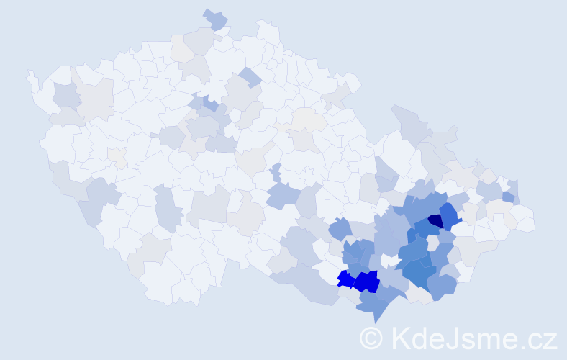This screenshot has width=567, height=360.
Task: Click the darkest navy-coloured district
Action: [435, 221]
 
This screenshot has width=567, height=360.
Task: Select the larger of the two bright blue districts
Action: [366, 281]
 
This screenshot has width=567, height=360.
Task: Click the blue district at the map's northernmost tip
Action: [215, 19]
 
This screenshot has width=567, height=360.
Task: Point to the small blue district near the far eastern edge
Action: [508, 197]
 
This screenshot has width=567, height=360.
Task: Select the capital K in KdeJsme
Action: [399, 338]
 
